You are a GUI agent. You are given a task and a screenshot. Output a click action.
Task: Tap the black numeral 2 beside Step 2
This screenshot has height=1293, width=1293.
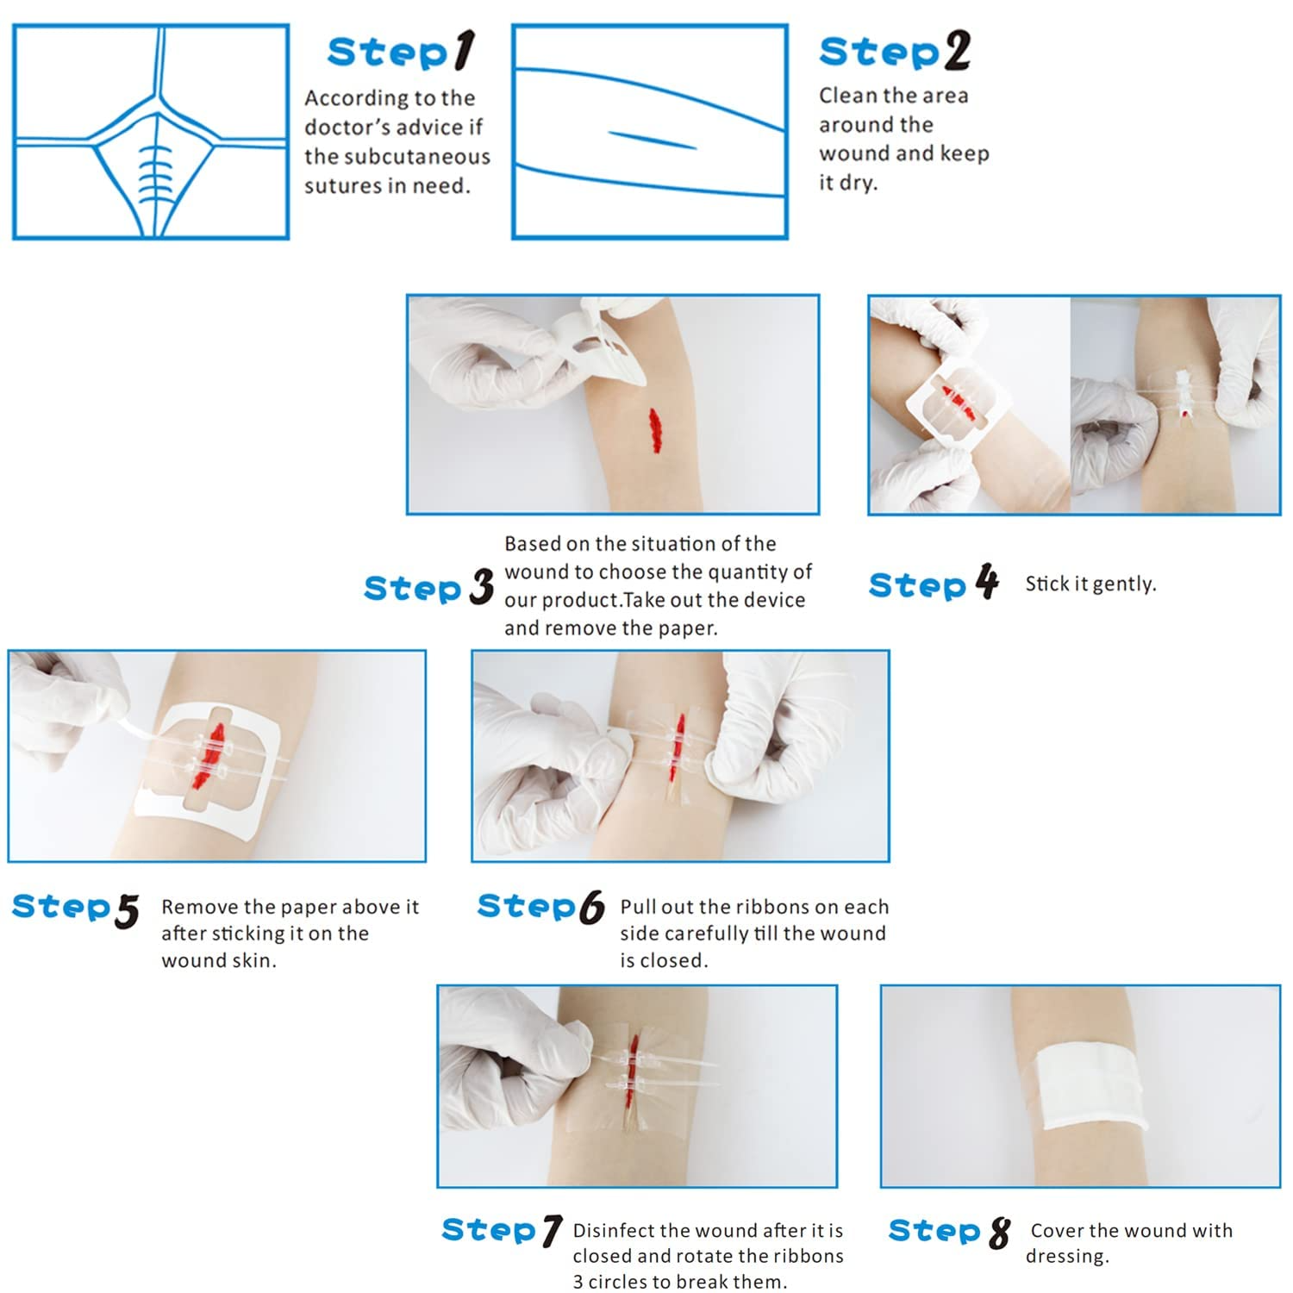pyautogui.click(x=957, y=51)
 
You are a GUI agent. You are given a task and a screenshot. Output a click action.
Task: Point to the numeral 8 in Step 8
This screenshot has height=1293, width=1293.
pyautogui.click(x=999, y=1232)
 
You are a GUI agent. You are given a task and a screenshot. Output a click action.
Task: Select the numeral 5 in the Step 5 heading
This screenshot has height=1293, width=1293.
pyautogui.click(x=127, y=911)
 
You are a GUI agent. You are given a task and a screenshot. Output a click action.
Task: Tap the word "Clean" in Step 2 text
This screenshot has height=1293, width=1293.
pyautogui.click(x=845, y=95)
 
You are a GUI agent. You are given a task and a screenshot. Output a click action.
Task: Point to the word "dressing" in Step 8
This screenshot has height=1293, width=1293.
pyautogui.click(x=1065, y=1257)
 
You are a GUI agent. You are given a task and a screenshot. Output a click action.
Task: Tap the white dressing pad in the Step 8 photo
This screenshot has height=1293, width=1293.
pyautogui.click(x=1092, y=1089)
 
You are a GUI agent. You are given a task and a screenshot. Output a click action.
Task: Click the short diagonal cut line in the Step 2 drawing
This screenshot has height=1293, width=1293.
pyautogui.click(x=652, y=140)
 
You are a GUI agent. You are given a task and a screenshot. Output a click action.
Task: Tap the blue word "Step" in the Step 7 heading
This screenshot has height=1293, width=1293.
pyautogui.click(x=488, y=1230)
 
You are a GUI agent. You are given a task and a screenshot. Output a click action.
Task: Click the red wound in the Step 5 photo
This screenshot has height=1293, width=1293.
pyautogui.click(x=212, y=758)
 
